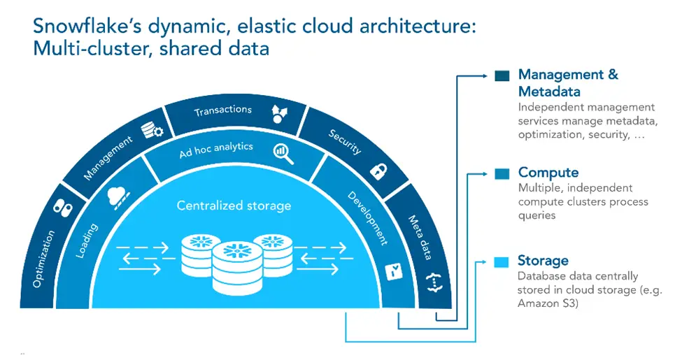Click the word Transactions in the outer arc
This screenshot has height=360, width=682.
tap(222, 110)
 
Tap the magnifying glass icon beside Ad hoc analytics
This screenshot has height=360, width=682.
tap(284, 151)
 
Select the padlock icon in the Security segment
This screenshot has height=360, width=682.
tap(378, 170)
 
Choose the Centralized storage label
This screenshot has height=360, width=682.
tap(233, 206)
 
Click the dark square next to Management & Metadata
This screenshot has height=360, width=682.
tap(502, 76)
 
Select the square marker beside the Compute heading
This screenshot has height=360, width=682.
tap(502, 173)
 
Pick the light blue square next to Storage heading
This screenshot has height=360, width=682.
tap(501, 262)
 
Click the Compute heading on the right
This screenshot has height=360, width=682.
tap(548, 173)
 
